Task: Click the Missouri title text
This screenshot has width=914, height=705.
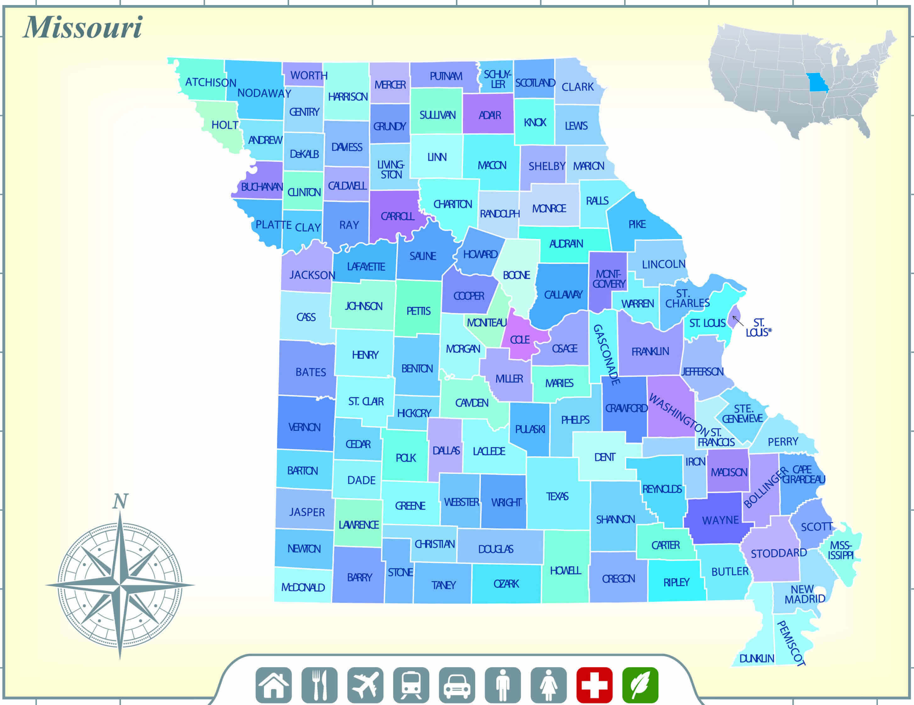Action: coord(83,28)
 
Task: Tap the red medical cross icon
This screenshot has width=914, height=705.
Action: coord(594,685)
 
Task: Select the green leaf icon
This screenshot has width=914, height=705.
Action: coord(640,685)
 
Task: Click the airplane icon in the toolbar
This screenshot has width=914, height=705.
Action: coord(365,685)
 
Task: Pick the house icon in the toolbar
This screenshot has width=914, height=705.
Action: coord(274,685)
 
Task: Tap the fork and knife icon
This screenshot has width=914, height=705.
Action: coord(319,685)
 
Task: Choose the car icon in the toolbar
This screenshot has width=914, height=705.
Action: coord(457,685)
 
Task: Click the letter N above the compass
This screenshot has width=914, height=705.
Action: coord(120,501)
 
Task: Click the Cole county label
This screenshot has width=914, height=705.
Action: coord(520,340)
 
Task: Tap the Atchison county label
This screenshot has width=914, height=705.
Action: coord(210,82)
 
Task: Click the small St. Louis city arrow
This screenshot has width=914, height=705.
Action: coord(737,321)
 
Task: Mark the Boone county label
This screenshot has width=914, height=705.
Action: coord(516,275)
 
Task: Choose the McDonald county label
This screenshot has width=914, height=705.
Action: coord(303,587)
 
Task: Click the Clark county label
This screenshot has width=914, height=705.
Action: coord(578,87)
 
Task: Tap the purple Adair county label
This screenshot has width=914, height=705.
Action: coord(490,115)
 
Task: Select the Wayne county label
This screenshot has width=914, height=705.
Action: coord(720,520)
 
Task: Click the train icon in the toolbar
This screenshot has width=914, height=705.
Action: coord(411,685)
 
